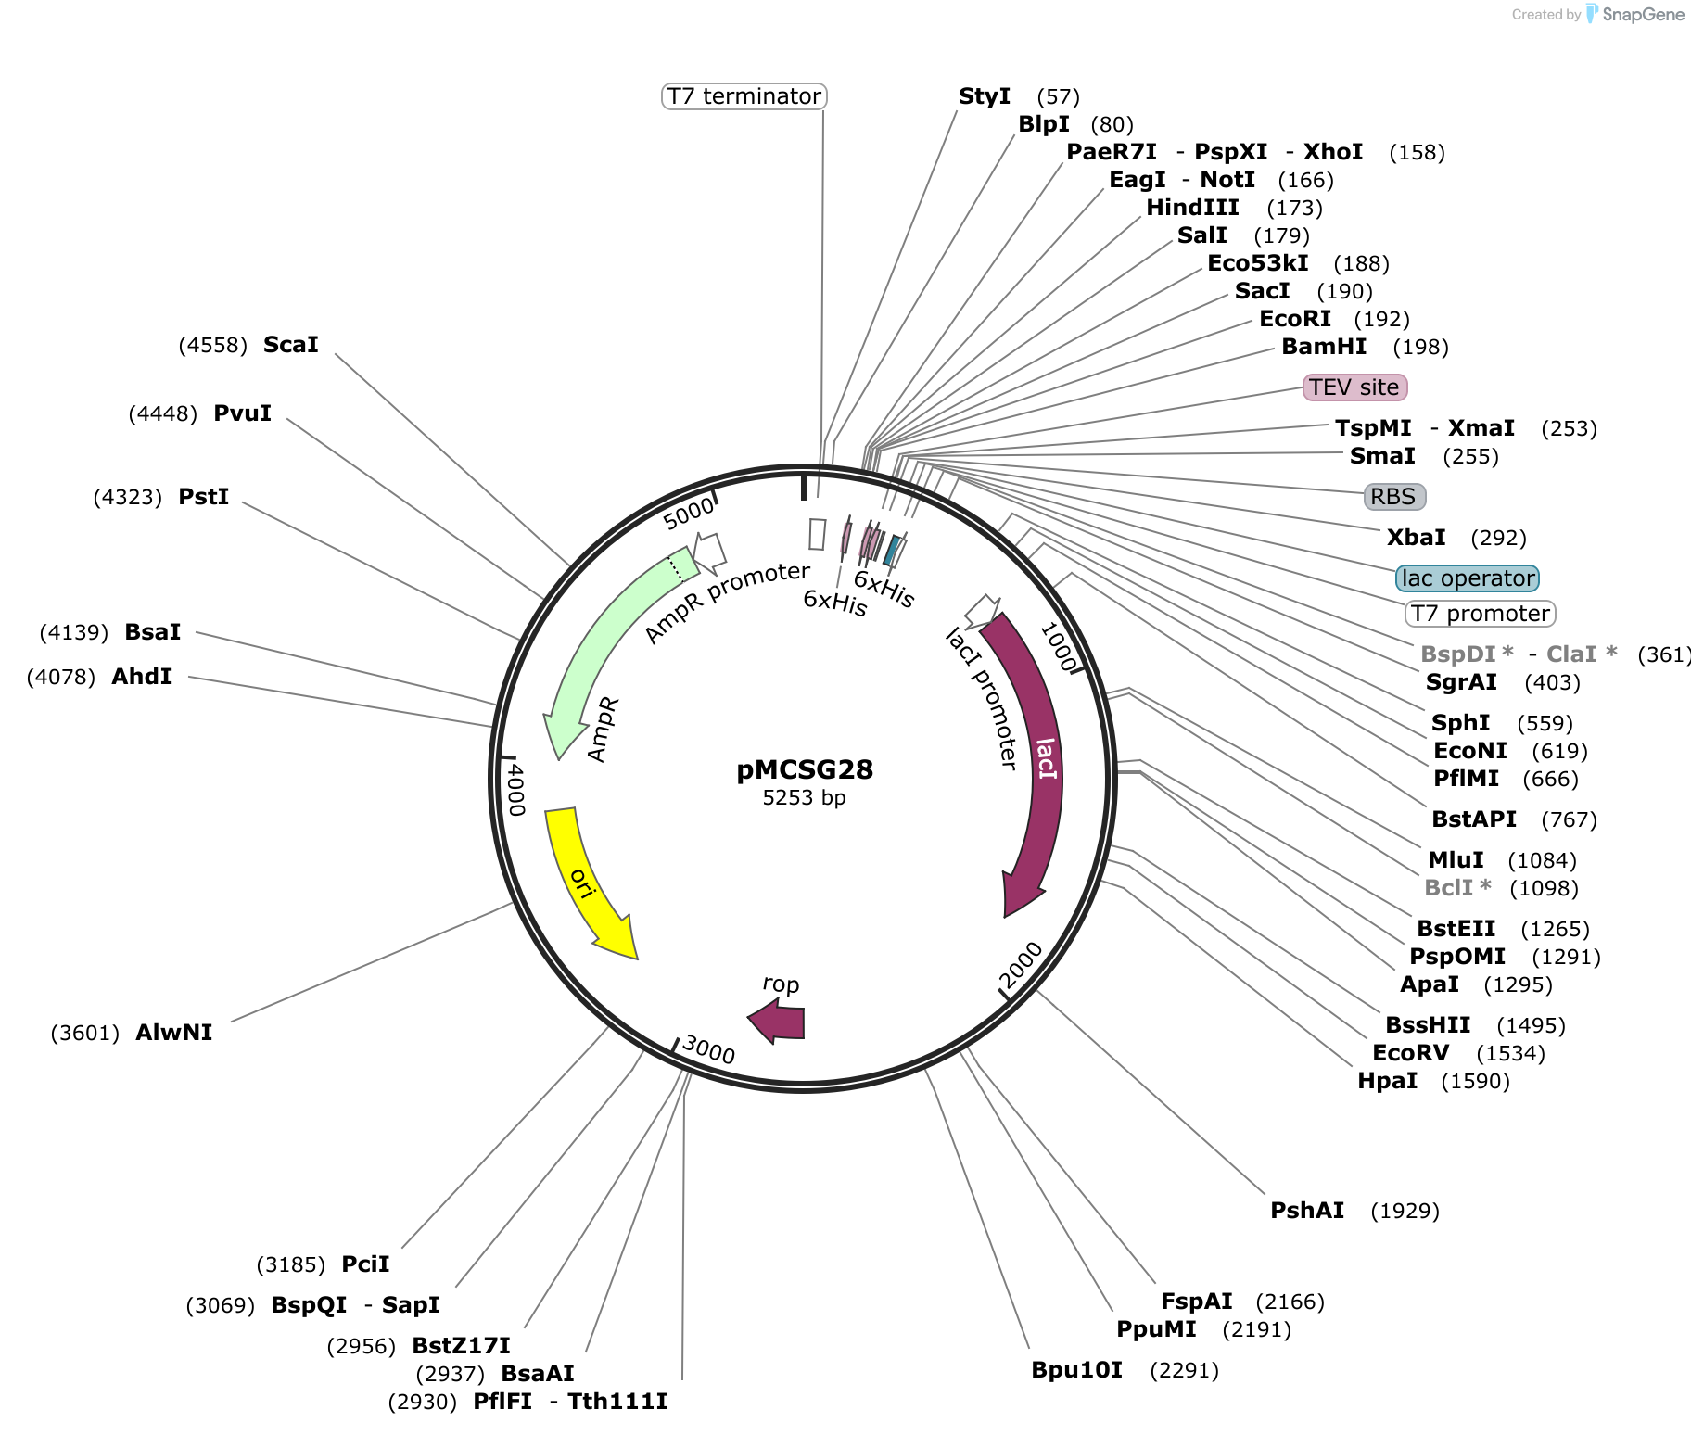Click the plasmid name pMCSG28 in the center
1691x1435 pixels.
pos(805,769)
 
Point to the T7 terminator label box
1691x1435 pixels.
pos(744,96)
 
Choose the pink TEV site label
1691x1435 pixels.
pos(1354,387)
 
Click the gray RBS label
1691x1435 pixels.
pos(1394,497)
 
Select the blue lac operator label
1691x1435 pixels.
pos(1468,578)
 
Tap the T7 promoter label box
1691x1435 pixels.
pos(1481,614)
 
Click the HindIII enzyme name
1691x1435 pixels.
pos(1192,208)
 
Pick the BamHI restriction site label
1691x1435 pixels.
pos(1324,347)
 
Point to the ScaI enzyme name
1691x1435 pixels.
pos(291,345)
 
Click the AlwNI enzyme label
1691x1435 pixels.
pos(174,1033)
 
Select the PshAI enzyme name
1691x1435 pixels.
pos(1307,1211)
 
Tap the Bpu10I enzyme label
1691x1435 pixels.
pos(1077,1370)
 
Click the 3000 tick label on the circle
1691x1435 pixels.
pos(708,1050)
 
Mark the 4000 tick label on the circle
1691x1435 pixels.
pos(515,790)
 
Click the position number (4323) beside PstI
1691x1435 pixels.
pos(128,498)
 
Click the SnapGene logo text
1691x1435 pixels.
pos(1643,15)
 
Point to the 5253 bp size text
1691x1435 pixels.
pos(805,798)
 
